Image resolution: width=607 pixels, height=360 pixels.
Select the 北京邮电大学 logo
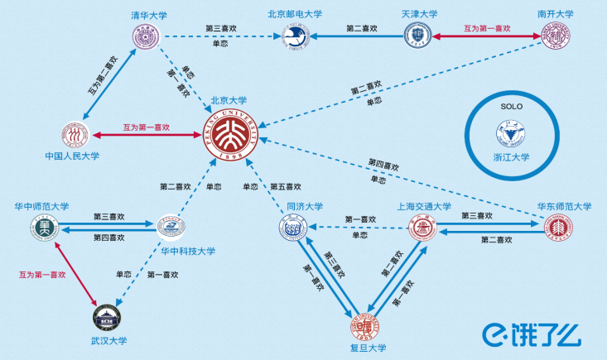[295, 36]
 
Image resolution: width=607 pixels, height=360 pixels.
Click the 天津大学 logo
[419, 36]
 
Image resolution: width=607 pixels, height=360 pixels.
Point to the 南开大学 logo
[555, 36]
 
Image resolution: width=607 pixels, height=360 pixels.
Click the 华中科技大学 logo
[171, 227]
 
